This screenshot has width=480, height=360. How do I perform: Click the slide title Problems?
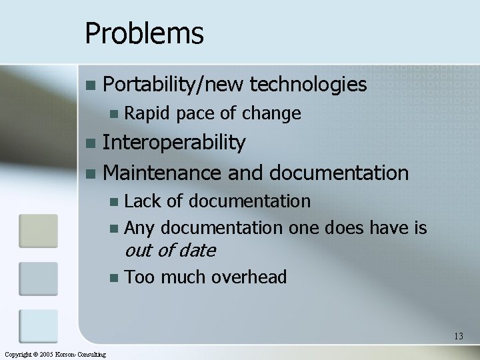pyautogui.click(x=144, y=33)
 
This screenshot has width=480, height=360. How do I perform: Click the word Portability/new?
pyautogui.click(x=174, y=85)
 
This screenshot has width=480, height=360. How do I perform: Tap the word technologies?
pyautogui.click(x=308, y=85)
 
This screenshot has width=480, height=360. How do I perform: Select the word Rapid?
pyautogui.click(x=148, y=114)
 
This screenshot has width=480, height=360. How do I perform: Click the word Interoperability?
pyautogui.click(x=175, y=143)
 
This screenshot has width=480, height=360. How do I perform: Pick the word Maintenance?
pyautogui.click(x=162, y=173)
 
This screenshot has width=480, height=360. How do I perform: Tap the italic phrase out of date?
pyautogui.click(x=170, y=251)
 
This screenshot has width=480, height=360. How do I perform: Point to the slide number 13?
pyautogui.click(x=458, y=336)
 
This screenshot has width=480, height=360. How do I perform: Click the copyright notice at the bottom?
pyautogui.click(x=55, y=354)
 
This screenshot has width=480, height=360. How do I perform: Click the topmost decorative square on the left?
pyautogui.click(x=38, y=231)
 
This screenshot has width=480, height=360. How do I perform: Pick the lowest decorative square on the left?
pyautogui.click(x=38, y=326)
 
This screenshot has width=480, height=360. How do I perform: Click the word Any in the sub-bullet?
pyautogui.click(x=139, y=229)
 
